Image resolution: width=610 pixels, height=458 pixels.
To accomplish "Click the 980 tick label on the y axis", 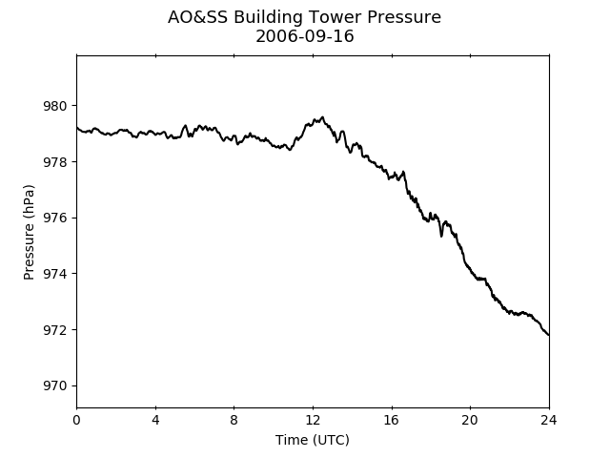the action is point(55,106).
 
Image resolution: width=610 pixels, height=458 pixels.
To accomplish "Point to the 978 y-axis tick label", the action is point(55,162).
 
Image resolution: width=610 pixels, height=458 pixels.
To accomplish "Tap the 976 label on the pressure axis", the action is point(55,219).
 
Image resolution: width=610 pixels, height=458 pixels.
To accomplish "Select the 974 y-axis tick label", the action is point(55,274).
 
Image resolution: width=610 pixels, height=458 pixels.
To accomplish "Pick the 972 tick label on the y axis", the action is point(55,330).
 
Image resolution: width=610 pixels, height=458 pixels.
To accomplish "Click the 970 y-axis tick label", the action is point(55,385).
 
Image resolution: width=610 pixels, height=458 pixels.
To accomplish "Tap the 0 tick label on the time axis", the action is point(76,420).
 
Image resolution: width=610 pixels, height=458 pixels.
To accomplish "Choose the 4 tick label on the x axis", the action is point(155,420).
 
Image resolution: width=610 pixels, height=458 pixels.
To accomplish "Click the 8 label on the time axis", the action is point(234,420).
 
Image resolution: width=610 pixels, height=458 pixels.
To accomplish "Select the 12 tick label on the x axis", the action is point(313,420).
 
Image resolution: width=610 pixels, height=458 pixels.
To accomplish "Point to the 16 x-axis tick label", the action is point(392,420).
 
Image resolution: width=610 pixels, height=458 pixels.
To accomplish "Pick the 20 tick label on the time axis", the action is point(470,420).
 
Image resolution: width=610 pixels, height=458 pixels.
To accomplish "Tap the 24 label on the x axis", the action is point(549,420).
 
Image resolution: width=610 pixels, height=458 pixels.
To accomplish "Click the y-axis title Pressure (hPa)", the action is point(29,232).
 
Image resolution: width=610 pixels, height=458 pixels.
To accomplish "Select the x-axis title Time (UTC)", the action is point(313,440).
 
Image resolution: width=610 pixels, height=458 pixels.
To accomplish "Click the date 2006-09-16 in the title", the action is point(305,36).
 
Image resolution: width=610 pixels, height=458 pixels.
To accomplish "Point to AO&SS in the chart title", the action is point(197,17).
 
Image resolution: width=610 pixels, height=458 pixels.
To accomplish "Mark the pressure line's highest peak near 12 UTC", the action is point(322,116).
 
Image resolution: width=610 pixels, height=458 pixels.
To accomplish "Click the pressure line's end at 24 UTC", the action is point(549,335).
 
